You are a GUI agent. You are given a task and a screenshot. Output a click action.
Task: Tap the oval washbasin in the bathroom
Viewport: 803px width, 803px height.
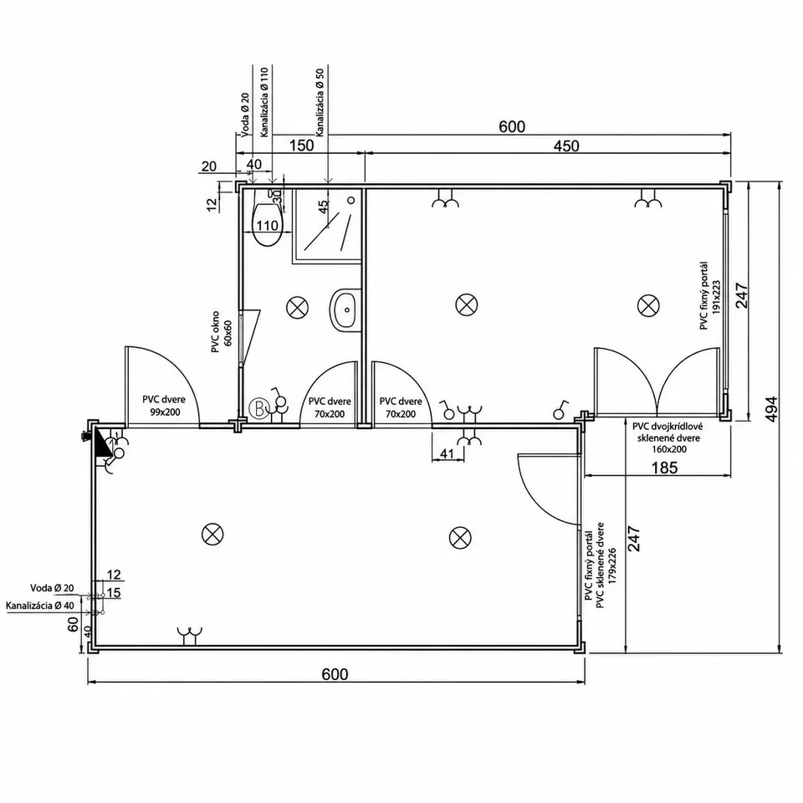tap(345, 310)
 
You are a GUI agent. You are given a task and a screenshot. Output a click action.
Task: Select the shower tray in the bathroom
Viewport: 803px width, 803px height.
tap(327, 226)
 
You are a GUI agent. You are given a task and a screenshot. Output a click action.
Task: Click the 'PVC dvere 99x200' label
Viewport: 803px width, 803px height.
tap(164, 406)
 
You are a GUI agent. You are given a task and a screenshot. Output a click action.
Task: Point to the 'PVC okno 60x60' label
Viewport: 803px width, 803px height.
tap(221, 331)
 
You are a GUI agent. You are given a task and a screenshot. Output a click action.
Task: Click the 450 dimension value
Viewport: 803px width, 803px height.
tap(566, 146)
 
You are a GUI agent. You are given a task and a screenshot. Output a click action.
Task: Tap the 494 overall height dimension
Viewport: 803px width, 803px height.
tap(771, 408)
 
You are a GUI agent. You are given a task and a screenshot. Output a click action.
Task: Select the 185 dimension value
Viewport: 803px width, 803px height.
tap(664, 468)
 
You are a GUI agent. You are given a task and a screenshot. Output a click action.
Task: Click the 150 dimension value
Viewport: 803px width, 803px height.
tap(301, 146)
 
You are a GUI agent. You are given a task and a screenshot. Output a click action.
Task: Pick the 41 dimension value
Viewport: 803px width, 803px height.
tap(447, 453)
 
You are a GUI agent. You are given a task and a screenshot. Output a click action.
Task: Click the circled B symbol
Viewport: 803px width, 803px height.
tap(258, 409)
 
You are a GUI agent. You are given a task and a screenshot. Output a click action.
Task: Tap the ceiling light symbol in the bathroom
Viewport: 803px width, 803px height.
tap(297, 307)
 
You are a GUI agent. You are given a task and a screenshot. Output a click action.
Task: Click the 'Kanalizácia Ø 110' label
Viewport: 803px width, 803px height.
tap(264, 102)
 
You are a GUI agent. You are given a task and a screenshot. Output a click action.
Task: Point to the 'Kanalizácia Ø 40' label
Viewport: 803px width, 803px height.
tap(40, 606)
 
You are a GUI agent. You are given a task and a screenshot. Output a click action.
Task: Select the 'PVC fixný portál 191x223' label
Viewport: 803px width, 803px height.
tap(710, 295)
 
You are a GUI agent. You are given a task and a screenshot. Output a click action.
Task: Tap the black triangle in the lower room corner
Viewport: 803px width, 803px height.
tap(102, 441)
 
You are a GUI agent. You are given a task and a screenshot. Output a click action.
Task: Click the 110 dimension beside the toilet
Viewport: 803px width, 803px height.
tap(267, 225)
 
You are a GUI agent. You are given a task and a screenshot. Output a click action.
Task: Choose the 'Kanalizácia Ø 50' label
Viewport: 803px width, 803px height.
tap(320, 102)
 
